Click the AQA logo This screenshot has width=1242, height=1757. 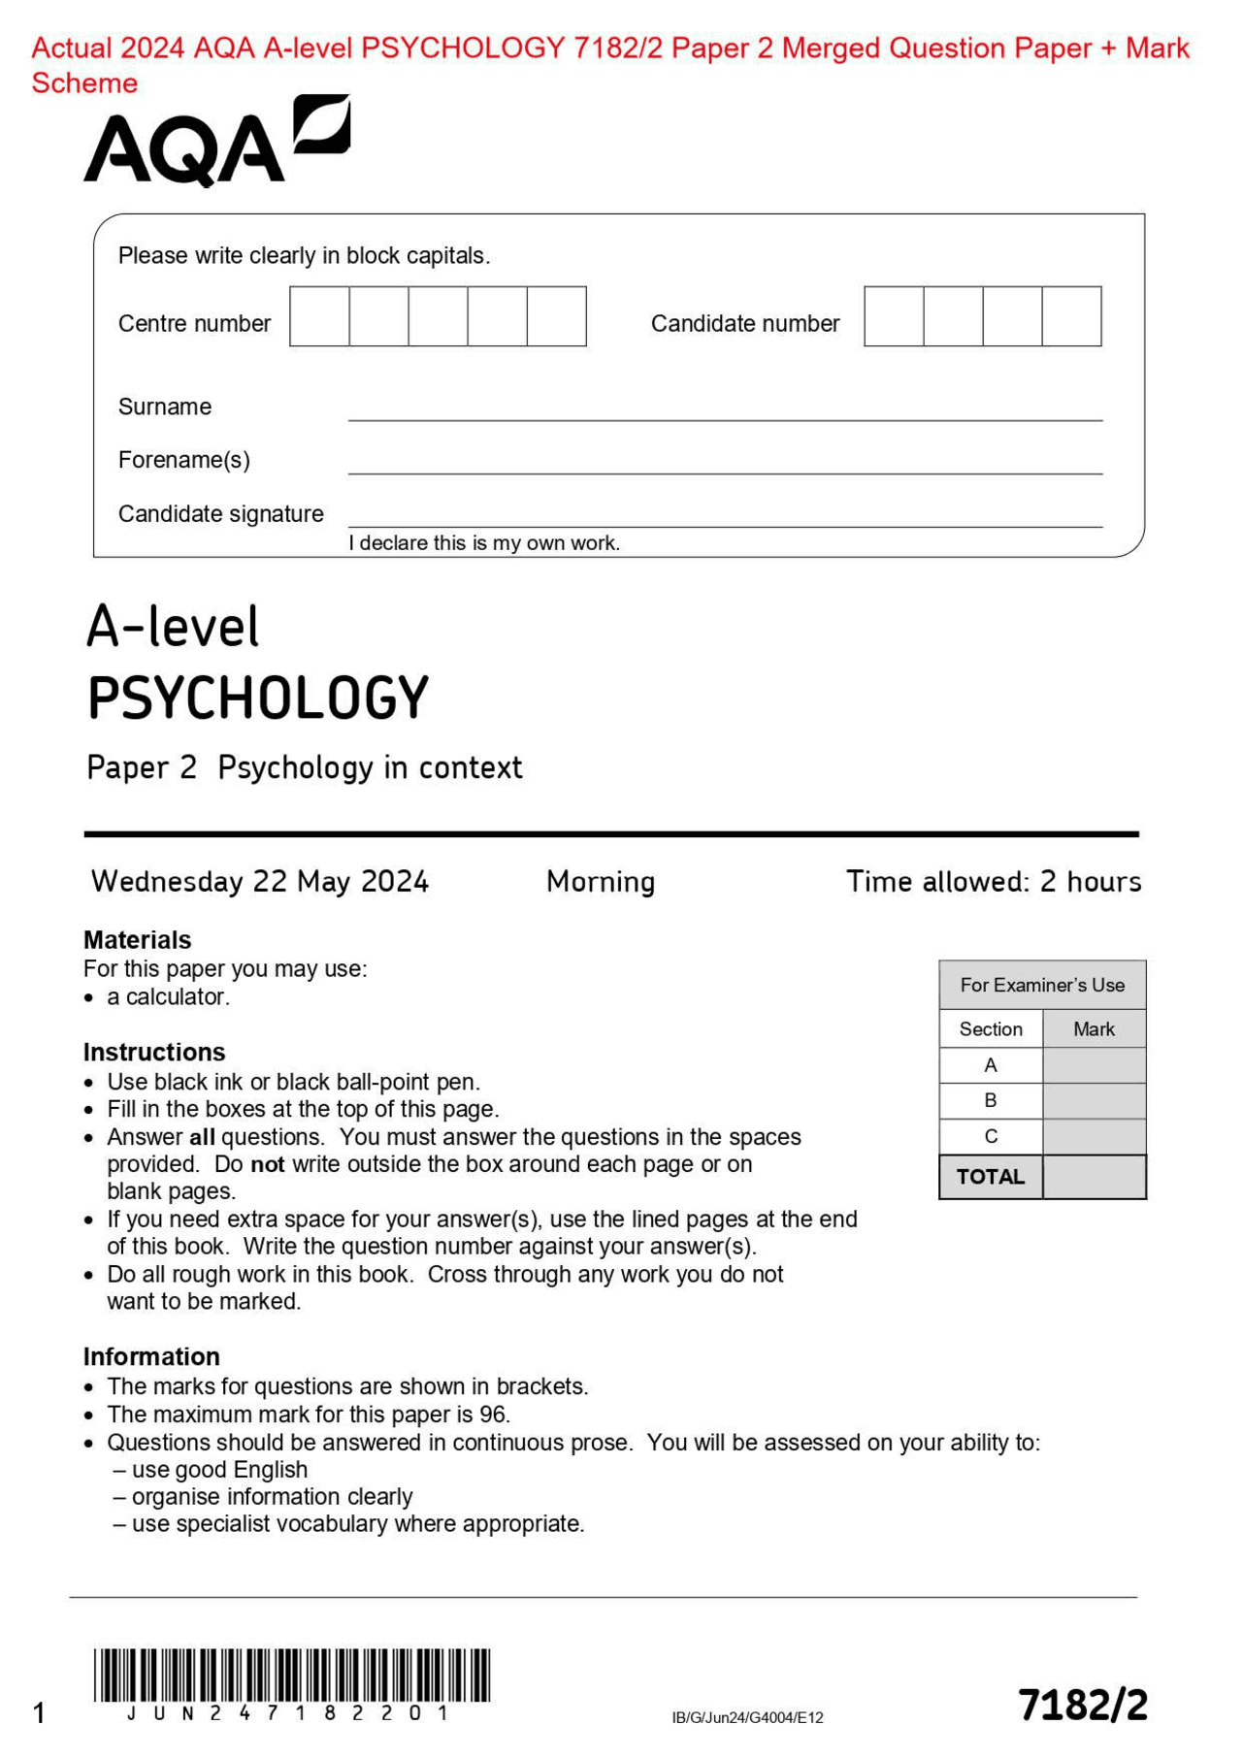pyautogui.click(x=215, y=142)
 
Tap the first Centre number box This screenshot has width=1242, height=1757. pyautogui.click(x=319, y=316)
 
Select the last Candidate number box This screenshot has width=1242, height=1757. pyautogui.click(x=1071, y=316)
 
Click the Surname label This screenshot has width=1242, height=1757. pyautogui.click(x=165, y=407)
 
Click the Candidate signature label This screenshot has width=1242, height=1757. pyautogui.click(x=221, y=513)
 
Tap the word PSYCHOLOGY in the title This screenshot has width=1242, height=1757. pyautogui.click(x=258, y=698)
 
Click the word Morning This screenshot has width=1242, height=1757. pyautogui.click(x=601, y=881)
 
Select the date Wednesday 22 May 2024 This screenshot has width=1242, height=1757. pyautogui.click(x=260, y=881)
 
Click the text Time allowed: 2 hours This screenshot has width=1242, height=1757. pyautogui.click(x=994, y=881)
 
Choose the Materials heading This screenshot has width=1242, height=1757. pyautogui.click(x=138, y=939)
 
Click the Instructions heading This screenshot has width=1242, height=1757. pyautogui.click(x=154, y=1052)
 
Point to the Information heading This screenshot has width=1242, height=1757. pyautogui.click(x=151, y=1356)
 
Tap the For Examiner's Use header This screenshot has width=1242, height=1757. pyautogui.click(x=1042, y=985)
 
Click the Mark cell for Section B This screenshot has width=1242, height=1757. pyautogui.click(x=1094, y=1100)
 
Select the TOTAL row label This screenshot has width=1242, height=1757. pyautogui.click(x=991, y=1177)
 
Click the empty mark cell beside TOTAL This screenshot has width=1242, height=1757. pyautogui.click(x=1094, y=1177)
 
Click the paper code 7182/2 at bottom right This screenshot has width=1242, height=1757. pyautogui.click(x=1083, y=1705)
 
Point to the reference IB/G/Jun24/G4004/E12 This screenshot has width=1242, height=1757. pyautogui.click(x=747, y=1717)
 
